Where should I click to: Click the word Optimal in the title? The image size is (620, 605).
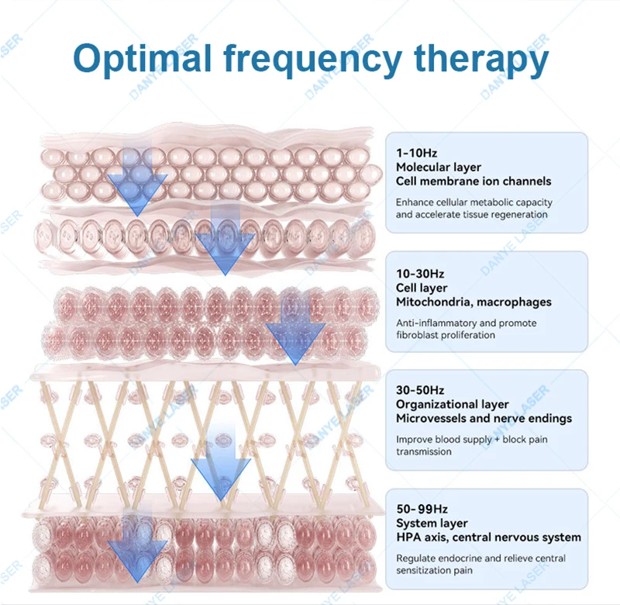pyautogui.click(x=143, y=59)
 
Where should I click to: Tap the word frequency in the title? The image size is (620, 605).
pyautogui.click(x=313, y=60)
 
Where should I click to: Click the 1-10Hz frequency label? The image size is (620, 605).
pyautogui.click(x=416, y=153)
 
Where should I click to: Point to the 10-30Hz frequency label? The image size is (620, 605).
pyautogui.click(x=420, y=274)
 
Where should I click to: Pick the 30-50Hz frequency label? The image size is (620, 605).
pyautogui.click(x=420, y=390)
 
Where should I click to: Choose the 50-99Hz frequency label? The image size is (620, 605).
pyautogui.click(x=422, y=509)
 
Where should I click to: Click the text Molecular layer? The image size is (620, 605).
pyautogui.click(x=439, y=168)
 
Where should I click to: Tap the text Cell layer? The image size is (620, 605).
pyautogui.click(x=422, y=288)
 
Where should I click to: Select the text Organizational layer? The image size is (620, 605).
pyautogui.click(x=453, y=405)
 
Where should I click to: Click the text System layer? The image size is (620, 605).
pyautogui.click(x=432, y=524)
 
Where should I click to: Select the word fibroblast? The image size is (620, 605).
pyautogui.click(x=417, y=335)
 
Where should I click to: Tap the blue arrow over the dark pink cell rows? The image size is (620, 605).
pyautogui.click(x=295, y=328)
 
